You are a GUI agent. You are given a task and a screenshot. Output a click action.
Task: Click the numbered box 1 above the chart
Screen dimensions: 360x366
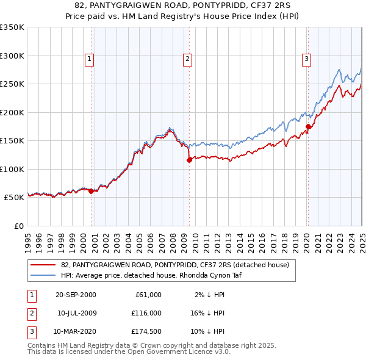coord(89,59)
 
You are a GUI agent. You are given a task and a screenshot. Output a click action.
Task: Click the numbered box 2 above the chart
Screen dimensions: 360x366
coord(187,59)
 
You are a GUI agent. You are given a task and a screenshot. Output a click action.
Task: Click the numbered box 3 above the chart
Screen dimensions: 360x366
coord(306,59)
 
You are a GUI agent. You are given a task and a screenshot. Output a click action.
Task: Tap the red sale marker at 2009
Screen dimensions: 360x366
coord(189,160)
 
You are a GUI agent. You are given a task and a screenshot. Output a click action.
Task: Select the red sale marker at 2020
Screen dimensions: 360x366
coord(309,127)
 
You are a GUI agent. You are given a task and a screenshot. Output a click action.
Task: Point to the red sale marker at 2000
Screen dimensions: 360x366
coord(91,191)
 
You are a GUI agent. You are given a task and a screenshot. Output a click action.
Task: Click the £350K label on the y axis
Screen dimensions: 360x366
coord(12,27)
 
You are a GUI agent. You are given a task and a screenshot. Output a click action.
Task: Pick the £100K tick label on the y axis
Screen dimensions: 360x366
coord(12,169)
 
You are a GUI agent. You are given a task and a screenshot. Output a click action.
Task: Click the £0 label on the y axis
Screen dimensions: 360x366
coord(18,226)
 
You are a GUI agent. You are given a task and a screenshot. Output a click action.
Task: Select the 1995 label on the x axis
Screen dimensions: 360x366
coord(28,238)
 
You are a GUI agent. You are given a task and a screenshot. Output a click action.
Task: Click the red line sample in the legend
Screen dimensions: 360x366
coord(44,265)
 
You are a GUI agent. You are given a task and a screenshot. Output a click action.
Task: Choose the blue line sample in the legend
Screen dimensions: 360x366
coord(44,275)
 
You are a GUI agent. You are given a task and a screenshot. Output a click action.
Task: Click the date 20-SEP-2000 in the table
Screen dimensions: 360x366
coord(76,294)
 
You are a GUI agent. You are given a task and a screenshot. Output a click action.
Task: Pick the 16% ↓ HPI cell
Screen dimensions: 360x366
coord(207,313)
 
